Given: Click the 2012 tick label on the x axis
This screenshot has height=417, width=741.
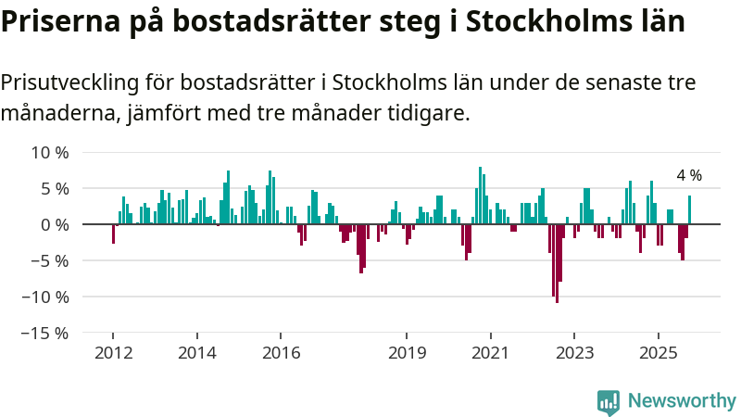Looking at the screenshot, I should (113, 353).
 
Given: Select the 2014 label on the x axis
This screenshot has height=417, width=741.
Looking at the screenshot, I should (196, 353).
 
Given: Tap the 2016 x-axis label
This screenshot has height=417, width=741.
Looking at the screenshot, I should (281, 353).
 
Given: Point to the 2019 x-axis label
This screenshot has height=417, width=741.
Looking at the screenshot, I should (406, 353).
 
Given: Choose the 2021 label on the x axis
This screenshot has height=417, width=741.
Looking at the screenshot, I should (490, 353).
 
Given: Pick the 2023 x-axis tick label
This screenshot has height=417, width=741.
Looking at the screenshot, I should (574, 353).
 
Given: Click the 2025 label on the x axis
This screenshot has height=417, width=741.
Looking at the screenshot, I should (658, 353).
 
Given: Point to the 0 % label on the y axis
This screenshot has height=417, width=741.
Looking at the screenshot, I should (52, 224).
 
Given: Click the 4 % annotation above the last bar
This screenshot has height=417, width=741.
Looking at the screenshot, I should (688, 175).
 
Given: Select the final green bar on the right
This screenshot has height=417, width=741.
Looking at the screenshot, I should (689, 209).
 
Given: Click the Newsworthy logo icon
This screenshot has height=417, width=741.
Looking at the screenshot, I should (609, 401).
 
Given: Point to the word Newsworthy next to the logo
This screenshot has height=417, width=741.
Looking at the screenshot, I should (682, 401).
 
